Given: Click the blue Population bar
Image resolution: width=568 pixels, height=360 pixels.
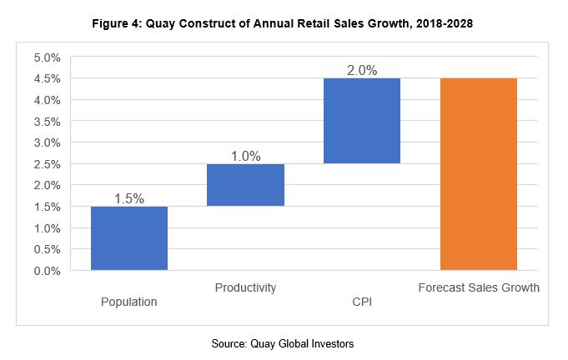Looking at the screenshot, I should [129, 237].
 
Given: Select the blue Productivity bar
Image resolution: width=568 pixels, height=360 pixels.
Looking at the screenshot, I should [245, 185].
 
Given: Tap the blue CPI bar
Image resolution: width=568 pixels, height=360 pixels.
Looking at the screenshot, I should [362, 121].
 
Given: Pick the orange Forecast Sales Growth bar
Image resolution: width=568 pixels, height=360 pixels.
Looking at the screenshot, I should [478, 173].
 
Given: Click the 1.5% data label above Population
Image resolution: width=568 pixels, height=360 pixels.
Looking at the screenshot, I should [129, 198].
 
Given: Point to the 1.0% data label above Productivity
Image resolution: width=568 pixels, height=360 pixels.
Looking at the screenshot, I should [245, 156].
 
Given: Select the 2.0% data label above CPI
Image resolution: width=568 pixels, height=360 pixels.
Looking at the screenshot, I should [362, 71].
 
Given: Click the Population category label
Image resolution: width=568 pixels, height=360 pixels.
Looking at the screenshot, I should [129, 302].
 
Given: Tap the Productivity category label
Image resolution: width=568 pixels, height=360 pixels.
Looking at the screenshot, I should [245, 287].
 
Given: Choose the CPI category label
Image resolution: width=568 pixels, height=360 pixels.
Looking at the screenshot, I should [362, 302].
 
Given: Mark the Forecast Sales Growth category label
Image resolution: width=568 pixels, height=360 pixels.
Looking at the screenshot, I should [478, 287].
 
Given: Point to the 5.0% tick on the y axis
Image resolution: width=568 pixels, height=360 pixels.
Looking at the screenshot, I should [47, 57].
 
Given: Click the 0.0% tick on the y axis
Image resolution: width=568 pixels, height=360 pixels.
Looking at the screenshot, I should [47, 271].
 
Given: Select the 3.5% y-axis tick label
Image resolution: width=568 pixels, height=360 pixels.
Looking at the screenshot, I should [47, 122].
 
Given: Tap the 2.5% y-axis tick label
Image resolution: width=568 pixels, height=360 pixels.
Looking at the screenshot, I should [47, 164].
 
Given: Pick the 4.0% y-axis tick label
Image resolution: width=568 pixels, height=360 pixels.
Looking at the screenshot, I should [47, 100].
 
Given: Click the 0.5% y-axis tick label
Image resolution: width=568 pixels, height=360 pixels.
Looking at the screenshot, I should [47, 249].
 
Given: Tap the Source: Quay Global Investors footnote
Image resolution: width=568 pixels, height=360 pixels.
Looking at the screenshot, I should [284, 343].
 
